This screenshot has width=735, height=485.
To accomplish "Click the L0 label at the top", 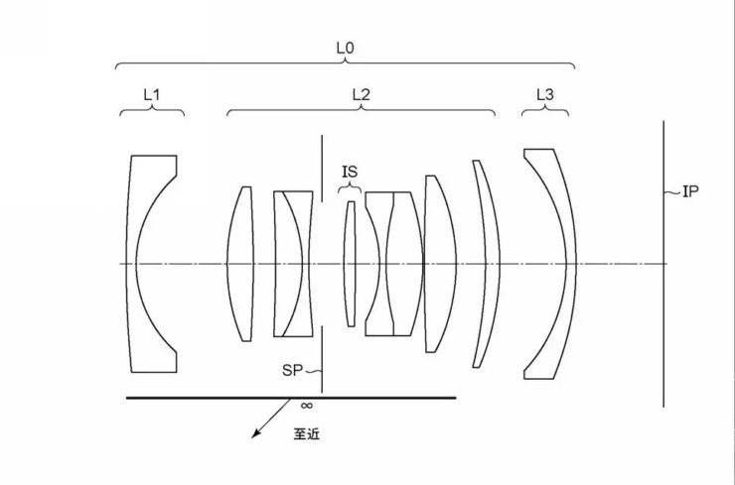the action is [x=345, y=48].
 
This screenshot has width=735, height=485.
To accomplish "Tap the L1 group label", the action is [x=151, y=95].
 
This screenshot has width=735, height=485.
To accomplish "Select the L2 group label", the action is [x=361, y=95].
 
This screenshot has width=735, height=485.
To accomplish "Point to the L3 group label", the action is [x=545, y=95].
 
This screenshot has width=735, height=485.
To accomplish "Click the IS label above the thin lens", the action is [x=350, y=172].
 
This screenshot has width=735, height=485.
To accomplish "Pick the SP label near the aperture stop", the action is [x=292, y=370].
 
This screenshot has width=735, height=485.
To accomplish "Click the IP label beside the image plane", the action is [x=690, y=191].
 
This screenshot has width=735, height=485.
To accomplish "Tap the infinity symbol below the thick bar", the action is [x=306, y=406].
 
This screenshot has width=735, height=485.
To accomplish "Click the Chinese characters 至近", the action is [x=307, y=434].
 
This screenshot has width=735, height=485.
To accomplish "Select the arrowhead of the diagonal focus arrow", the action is [x=254, y=434].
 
